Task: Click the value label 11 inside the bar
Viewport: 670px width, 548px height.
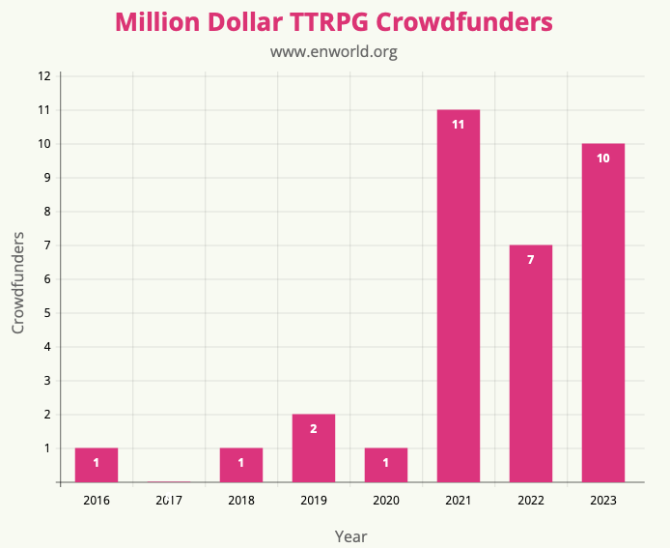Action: [x=458, y=125]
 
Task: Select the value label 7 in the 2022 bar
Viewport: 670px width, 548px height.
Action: [x=530, y=260]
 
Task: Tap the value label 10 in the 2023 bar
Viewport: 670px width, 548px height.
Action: [x=602, y=159]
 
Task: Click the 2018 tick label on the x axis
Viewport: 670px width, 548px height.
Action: [x=240, y=500]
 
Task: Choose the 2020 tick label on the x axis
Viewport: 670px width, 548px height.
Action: [x=385, y=500]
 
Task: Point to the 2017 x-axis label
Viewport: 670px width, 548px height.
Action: [x=168, y=500]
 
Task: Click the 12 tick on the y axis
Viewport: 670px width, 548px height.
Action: [x=44, y=76]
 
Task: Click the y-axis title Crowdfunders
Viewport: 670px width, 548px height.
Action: [x=18, y=282]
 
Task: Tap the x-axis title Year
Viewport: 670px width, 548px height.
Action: [x=350, y=535]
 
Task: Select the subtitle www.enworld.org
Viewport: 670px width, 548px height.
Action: [x=334, y=51]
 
